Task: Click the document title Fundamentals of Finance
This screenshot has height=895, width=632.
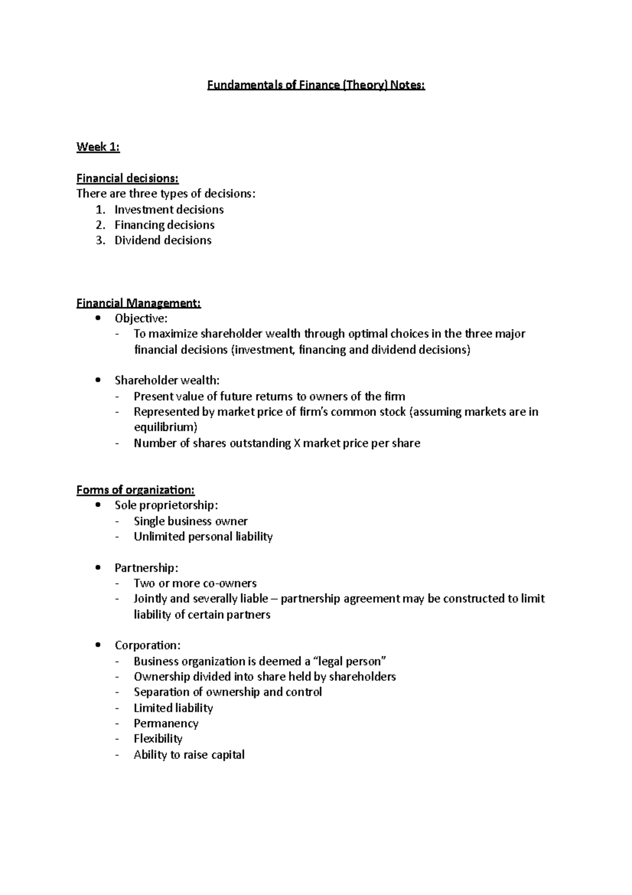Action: [315, 85]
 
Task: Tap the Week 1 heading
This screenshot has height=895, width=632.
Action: [98, 147]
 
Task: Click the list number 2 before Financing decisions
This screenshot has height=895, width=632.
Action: [101, 225]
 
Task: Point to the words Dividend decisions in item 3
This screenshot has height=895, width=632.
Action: [163, 240]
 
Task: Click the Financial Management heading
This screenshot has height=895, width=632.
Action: [139, 303]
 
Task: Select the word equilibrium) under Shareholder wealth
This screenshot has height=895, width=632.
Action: [165, 427]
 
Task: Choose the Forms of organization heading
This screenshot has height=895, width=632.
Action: [135, 490]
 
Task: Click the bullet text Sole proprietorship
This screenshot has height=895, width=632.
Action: [166, 505]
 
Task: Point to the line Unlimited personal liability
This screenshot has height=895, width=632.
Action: [203, 537]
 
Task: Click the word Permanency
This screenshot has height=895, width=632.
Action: [166, 724]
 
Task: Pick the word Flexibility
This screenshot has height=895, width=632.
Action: [158, 739]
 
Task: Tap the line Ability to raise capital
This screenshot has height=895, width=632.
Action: [189, 755]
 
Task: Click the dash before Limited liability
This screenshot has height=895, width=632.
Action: [116, 708]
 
